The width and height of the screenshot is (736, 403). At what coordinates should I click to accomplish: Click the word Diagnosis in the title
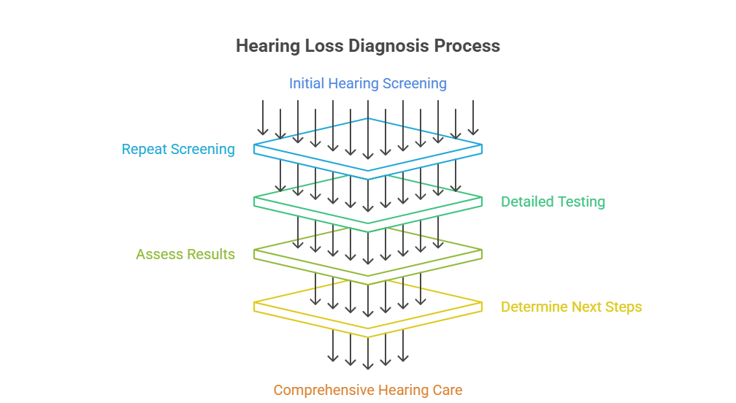[x=388, y=46]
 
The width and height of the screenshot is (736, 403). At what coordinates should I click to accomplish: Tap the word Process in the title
[x=467, y=45]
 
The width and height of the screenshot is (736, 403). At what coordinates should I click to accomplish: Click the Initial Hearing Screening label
[x=367, y=83]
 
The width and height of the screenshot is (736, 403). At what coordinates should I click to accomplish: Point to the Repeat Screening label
[x=178, y=149]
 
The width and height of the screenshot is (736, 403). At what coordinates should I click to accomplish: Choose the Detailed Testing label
[x=553, y=201]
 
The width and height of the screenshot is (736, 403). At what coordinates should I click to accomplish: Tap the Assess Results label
[x=185, y=254]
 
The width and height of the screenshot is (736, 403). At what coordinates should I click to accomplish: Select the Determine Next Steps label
[x=571, y=307]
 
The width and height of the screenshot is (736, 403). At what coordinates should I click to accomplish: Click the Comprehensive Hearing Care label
[x=367, y=390]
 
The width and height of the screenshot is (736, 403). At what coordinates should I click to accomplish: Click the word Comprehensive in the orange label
[x=324, y=390]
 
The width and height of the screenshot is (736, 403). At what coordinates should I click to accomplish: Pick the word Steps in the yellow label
[x=624, y=307]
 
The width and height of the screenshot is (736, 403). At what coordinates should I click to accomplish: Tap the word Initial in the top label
[x=307, y=83]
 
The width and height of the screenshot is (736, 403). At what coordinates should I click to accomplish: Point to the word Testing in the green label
[x=580, y=201]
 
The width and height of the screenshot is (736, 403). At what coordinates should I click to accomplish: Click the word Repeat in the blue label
[x=145, y=149]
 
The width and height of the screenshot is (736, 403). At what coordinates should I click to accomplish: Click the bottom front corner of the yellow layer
[x=368, y=337]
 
